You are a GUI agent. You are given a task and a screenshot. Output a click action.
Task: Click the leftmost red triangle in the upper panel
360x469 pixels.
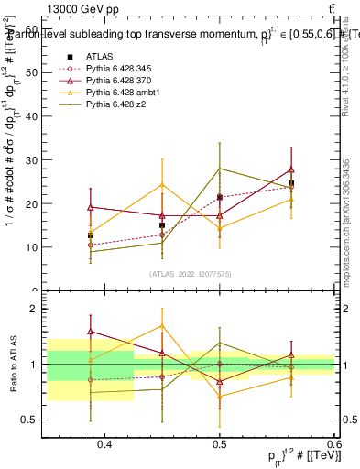point(90,207)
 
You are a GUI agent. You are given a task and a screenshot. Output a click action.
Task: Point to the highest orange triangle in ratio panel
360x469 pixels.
point(162,325)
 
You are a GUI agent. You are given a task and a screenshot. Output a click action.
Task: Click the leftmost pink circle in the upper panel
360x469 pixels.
point(90,245)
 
